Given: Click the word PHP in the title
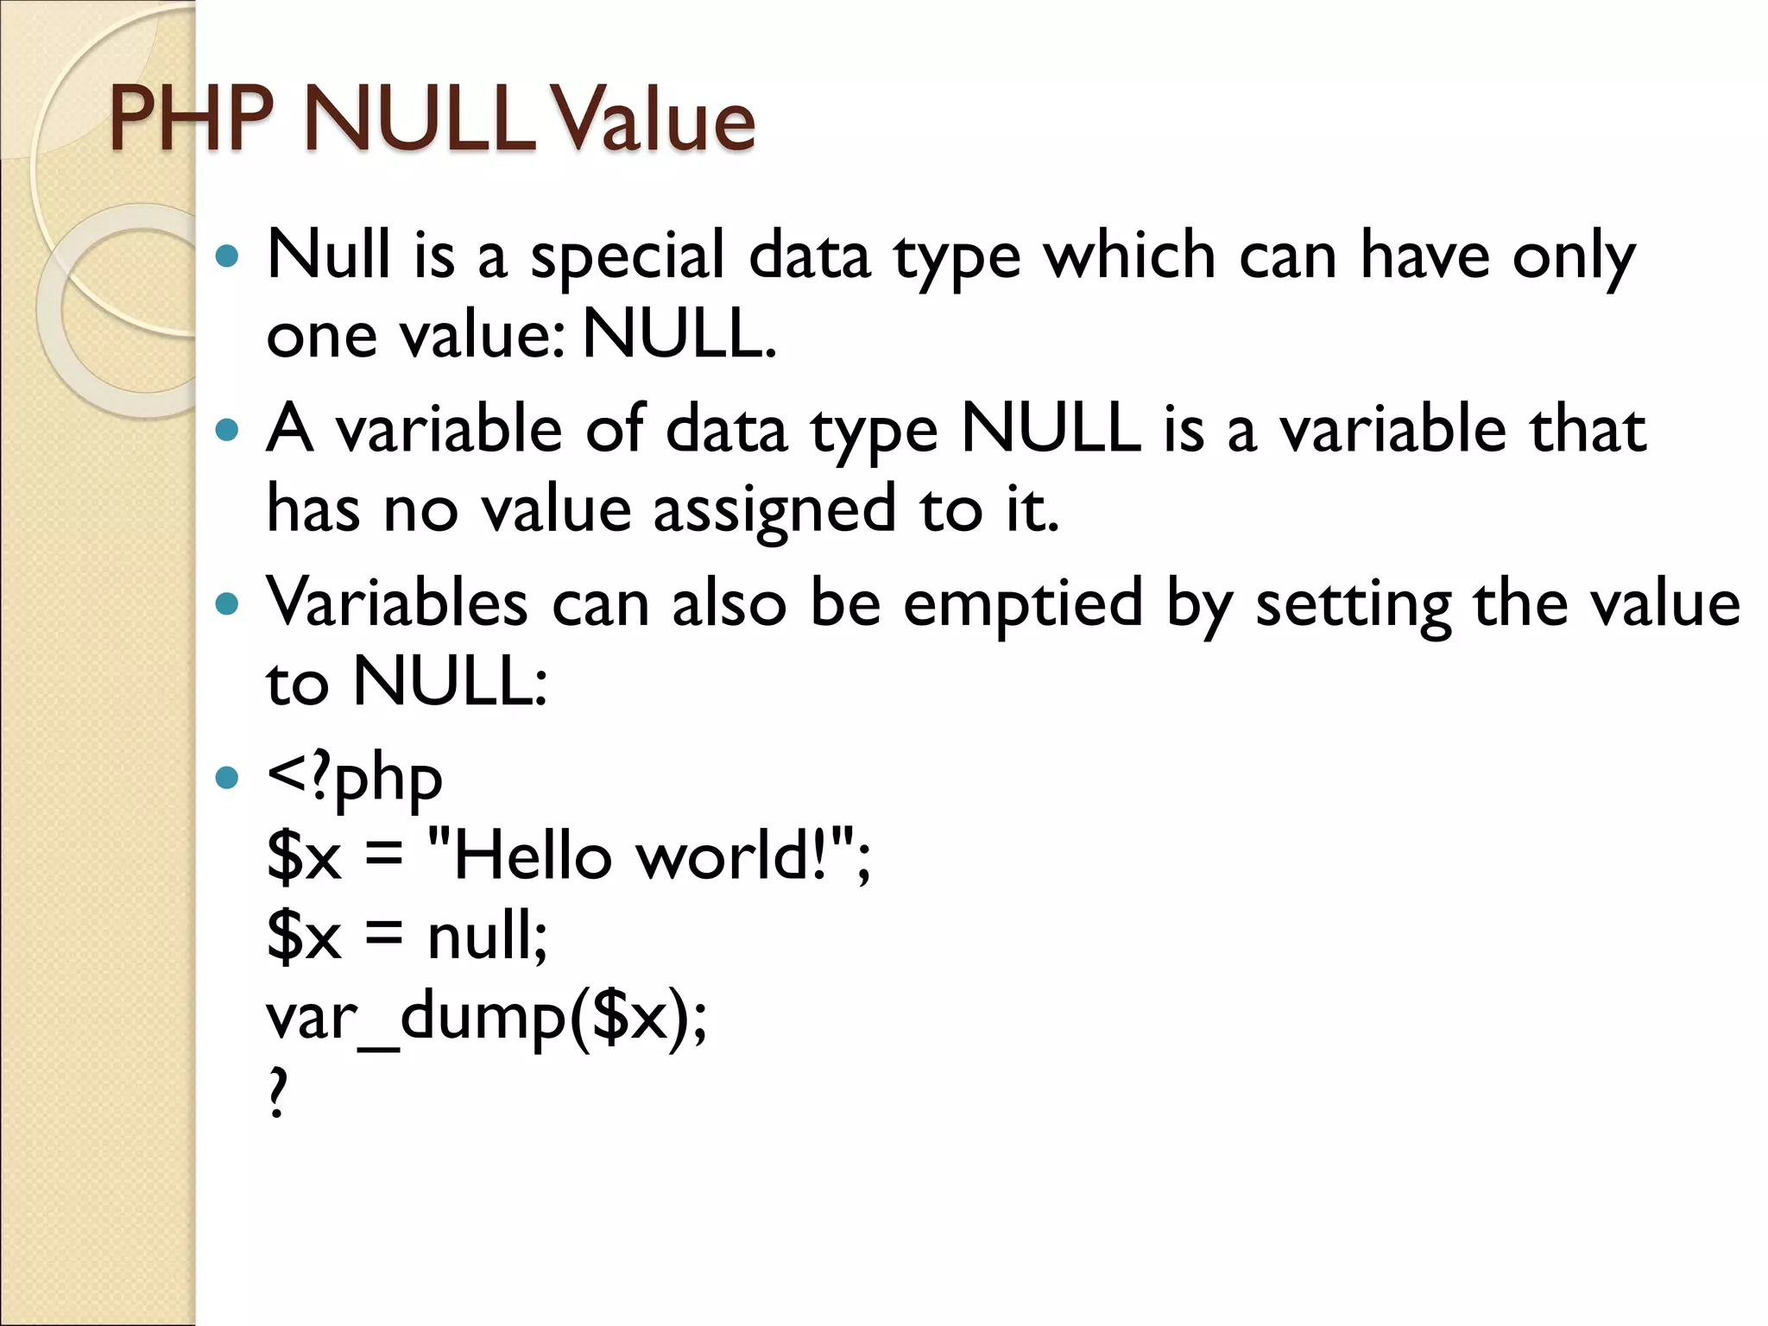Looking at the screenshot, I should (x=192, y=121).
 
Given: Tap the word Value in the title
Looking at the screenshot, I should (x=654, y=121).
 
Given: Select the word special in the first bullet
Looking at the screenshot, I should (x=627, y=257).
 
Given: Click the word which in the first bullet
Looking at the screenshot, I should (x=1130, y=256).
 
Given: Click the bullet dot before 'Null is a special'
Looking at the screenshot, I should (x=226, y=256).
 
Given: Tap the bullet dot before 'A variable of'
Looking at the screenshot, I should (x=226, y=430).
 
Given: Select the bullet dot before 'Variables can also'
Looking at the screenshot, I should (x=226, y=603).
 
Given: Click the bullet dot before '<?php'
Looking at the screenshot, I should (x=226, y=778).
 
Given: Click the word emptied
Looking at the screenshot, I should (x=1023, y=603).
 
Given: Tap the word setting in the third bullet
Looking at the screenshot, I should (x=1353, y=605).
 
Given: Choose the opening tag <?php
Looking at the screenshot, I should (x=355, y=780).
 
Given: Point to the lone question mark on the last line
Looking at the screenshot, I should (x=276, y=1093).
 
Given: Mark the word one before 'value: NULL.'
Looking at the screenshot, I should (x=321, y=337).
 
